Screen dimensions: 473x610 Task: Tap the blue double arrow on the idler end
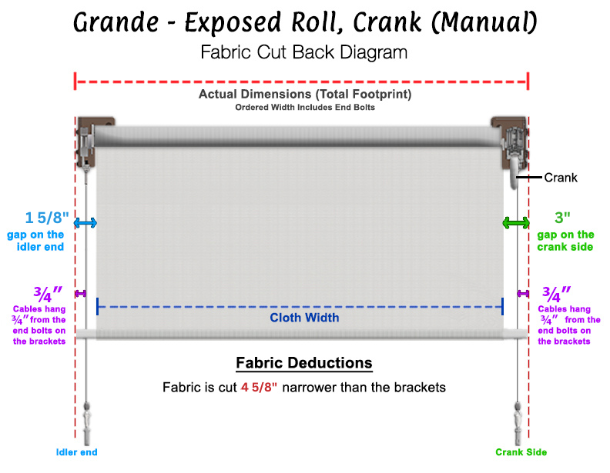85,223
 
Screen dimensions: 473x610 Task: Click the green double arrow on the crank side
515,223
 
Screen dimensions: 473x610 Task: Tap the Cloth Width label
304,318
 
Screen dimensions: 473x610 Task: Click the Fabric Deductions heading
304,363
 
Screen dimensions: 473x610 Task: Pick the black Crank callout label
561,178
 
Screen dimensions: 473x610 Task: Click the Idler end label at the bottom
76,452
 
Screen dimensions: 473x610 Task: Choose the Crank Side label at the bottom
521,452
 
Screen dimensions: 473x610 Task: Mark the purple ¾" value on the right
556,293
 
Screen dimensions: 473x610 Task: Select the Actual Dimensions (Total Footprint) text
304,95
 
